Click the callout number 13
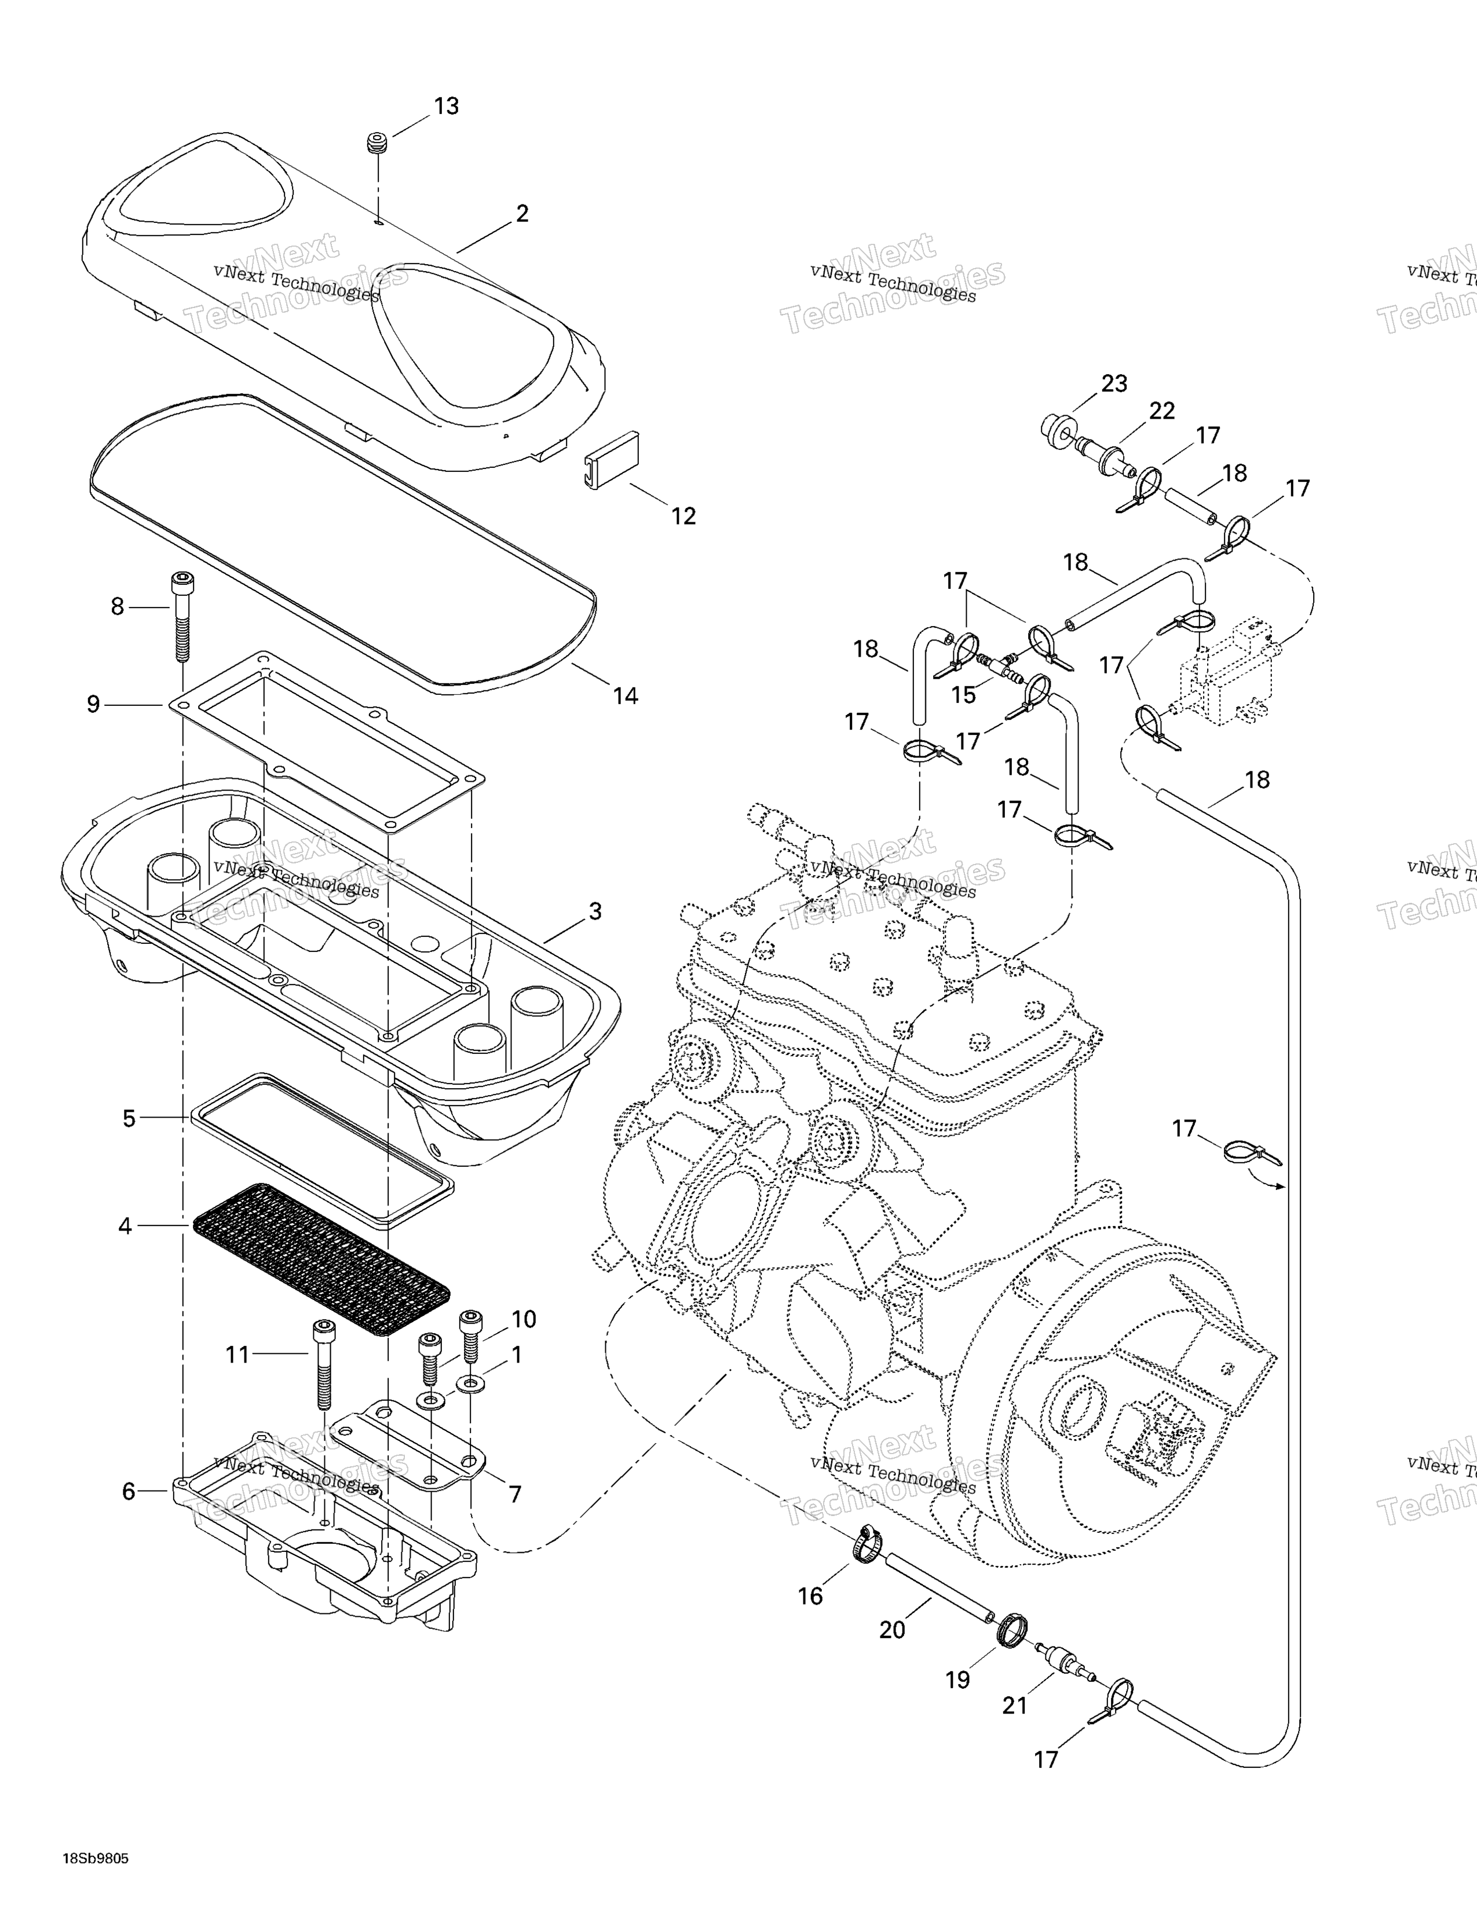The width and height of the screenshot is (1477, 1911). click(x=446, y=106)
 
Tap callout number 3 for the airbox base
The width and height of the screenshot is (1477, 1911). click(x=595, y=911)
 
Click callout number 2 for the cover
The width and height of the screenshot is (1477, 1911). click(x=522, y=214)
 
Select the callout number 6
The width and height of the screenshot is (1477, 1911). click(x=129, y=1491)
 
